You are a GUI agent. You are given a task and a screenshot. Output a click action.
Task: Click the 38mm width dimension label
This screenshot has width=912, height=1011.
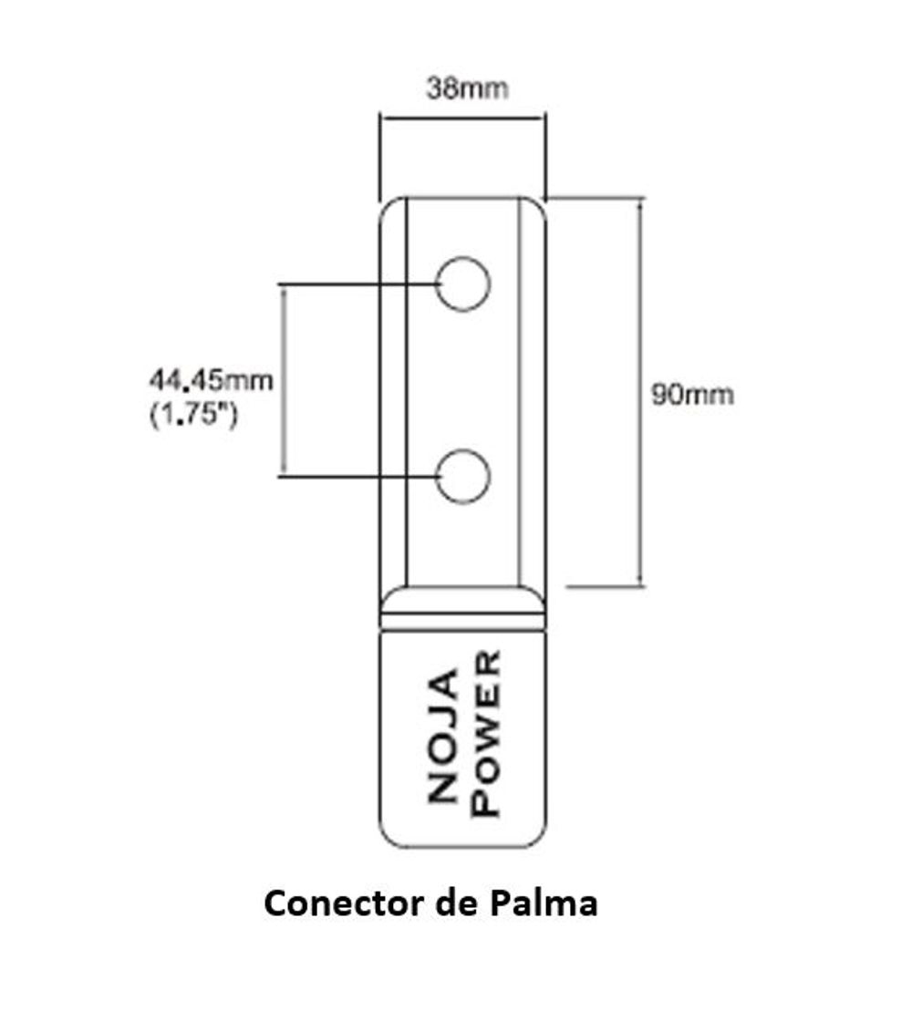(x=467, y=88)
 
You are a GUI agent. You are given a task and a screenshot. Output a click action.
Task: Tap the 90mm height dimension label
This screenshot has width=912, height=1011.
(x=692, y=395)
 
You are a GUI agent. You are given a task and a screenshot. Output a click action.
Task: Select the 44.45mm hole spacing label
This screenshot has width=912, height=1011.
(x=209, y=379)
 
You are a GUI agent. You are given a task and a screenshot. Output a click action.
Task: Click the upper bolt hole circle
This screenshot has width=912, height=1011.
(x=463, y=284)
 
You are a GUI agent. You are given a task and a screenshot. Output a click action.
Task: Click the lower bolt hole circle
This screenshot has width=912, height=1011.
(x=463, y=476)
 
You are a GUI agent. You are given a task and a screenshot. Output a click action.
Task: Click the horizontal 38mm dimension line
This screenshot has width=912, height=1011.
(x=462, y=117)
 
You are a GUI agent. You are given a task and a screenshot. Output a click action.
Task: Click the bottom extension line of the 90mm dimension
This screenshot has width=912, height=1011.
(x=606, y=586)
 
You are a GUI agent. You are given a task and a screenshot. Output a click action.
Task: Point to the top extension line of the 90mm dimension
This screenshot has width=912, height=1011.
(x=597, y=198)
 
